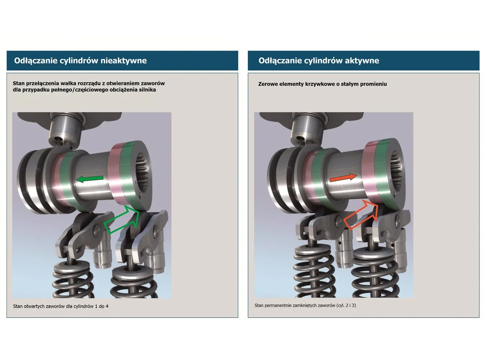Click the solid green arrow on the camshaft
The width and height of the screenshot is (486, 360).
click(90, 179)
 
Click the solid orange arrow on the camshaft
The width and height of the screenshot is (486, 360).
click(343, 177)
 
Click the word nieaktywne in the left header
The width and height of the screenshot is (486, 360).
click(123, 61)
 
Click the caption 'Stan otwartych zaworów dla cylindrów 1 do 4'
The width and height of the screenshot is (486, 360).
click(61, 306)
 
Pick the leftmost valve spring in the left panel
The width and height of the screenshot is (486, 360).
click(73, 280)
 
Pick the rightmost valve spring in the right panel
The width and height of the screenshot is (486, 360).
click(375, 276)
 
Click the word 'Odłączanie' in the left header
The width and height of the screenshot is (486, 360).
click(36, 61)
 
